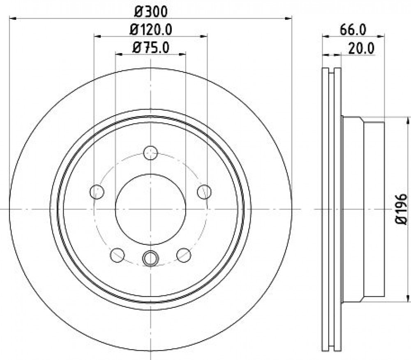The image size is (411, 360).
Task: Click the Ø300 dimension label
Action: (x=150, y=12)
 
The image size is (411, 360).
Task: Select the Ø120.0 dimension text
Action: (x=151, y=30)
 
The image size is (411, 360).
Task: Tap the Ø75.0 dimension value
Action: (x=151, y=48)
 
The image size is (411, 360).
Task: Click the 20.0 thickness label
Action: (x=361, y=49)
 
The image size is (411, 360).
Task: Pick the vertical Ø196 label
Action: (x=401, y=209)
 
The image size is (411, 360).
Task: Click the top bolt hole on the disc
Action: (x=151, y=153)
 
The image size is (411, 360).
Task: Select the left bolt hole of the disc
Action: (x=97, y=192)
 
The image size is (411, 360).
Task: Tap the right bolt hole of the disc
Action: (x=204, y=192)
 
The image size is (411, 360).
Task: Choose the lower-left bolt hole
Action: (x=117, y=255)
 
